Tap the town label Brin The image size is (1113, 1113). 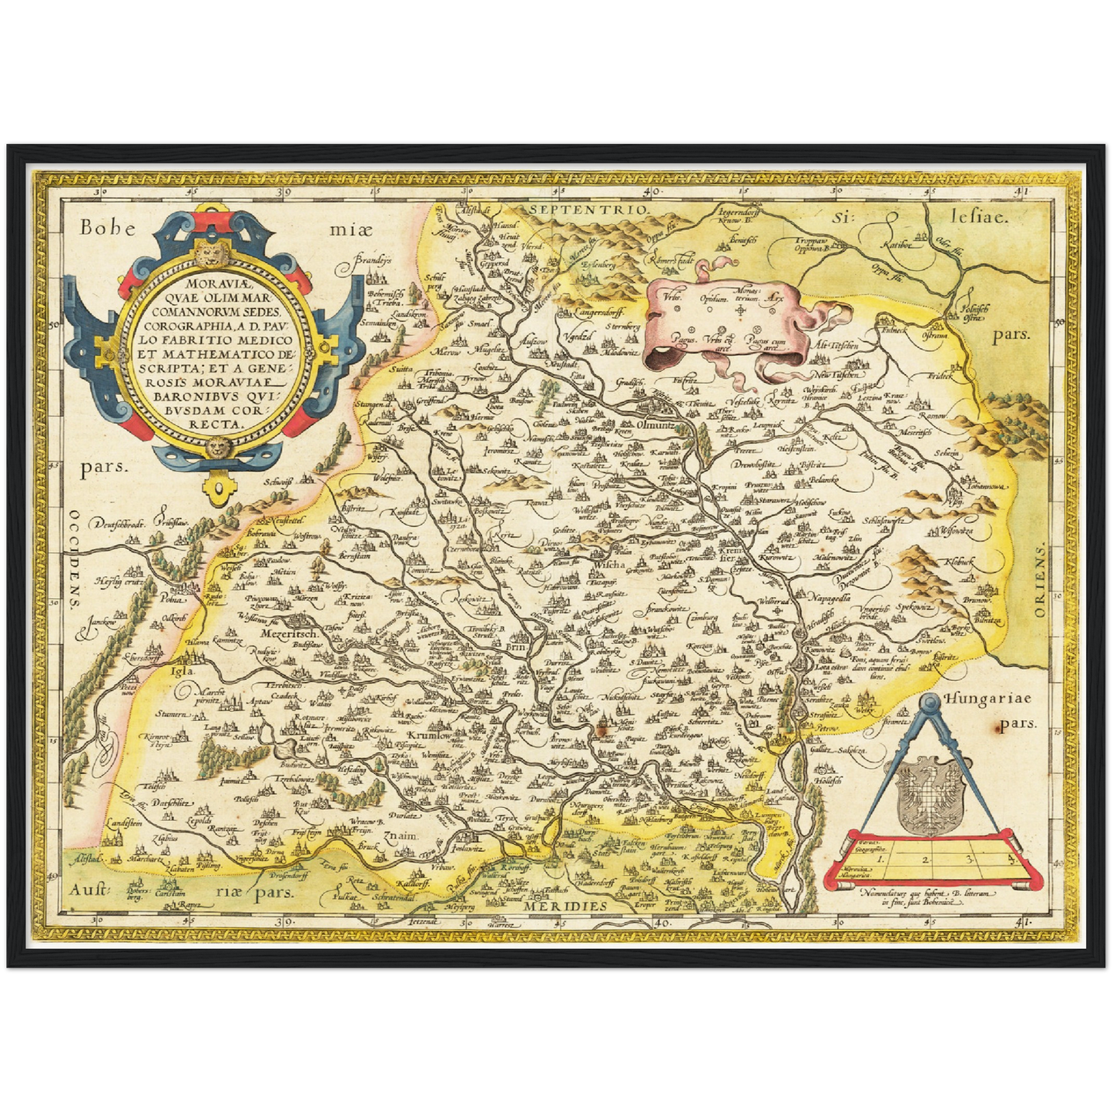pyautogui.click(x=515, y=649)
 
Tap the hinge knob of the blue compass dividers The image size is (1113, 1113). pyautogui.click(x=930, y=702)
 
